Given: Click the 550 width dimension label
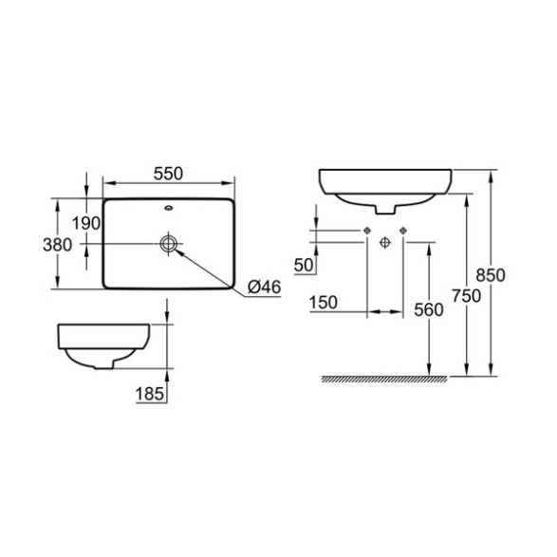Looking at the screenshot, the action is (x=168, y=174).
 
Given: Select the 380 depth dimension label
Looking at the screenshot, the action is (x=57, y=245).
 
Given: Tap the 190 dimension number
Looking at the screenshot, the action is (x=86, y=223).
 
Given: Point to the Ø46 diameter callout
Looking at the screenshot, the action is (x=265, y=287).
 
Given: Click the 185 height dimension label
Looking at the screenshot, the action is (x=150, y=394).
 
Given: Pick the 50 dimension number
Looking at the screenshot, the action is (x=304, y=265).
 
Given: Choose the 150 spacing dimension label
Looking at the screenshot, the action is (x=324, y=303).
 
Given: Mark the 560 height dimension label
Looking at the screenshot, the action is (x=429, y=310).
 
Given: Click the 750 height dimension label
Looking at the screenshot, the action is (x=467, y=295).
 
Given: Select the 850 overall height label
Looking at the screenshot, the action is (x=491, y=275).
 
